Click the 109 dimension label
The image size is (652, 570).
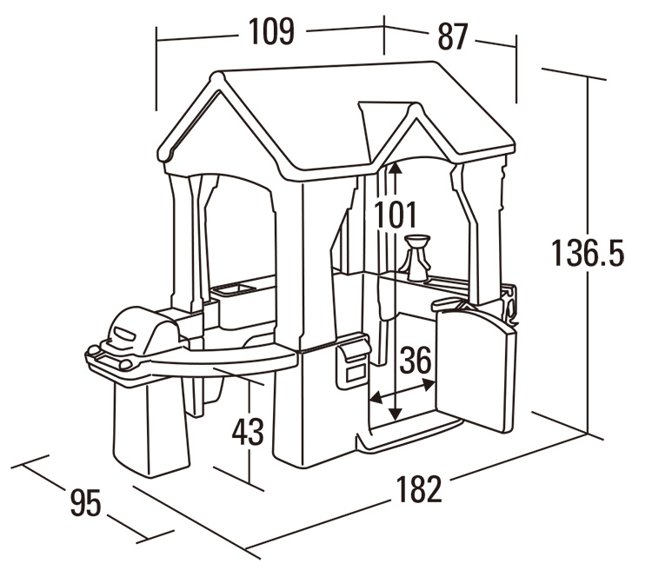coord(271,32)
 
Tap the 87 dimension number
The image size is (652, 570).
coord(452,36)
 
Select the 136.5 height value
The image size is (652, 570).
coord(588,253)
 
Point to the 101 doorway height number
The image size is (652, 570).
coord(396,214)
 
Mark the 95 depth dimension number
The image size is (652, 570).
coord(86,501)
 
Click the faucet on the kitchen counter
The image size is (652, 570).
coord(419,256)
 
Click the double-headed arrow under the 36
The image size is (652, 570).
coord(402,396)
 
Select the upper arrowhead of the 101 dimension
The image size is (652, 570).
coord(395,167)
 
